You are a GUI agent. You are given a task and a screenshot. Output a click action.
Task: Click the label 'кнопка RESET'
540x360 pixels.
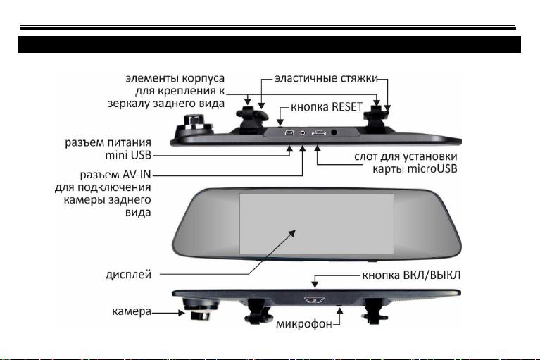[327, 107]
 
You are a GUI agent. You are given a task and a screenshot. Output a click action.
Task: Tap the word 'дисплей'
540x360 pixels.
[128, 275]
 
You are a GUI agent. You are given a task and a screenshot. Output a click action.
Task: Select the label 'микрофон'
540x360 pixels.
[304, 324]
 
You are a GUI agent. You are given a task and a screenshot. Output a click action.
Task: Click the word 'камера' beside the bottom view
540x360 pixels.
[132, 311]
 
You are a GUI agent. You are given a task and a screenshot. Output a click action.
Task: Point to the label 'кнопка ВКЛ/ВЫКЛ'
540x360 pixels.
[411, 275]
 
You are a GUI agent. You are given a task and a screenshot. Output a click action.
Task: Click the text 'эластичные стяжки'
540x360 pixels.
[326, 78]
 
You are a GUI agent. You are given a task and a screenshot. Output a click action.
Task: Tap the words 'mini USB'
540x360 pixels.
[128, 155]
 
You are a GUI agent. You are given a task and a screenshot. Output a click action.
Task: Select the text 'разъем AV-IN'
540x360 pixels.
[115, 175]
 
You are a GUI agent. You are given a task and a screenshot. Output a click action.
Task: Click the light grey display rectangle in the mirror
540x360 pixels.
[317, 223]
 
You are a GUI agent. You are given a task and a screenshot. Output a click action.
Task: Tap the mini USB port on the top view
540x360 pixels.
[289, 132]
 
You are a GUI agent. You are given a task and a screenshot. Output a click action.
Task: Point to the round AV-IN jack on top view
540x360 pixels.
[303, 132]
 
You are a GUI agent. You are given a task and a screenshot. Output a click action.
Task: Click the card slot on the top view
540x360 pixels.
[319, 132]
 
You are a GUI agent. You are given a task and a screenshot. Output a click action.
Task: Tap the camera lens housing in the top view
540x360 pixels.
[193, 123]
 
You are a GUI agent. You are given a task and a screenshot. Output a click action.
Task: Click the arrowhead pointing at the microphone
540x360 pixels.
[340, 311]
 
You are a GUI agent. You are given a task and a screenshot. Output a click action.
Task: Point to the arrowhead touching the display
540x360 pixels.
[291, 233]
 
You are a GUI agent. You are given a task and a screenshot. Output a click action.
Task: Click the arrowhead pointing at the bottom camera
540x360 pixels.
[182, 313]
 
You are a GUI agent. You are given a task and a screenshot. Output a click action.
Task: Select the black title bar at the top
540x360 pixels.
[270, 44]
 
